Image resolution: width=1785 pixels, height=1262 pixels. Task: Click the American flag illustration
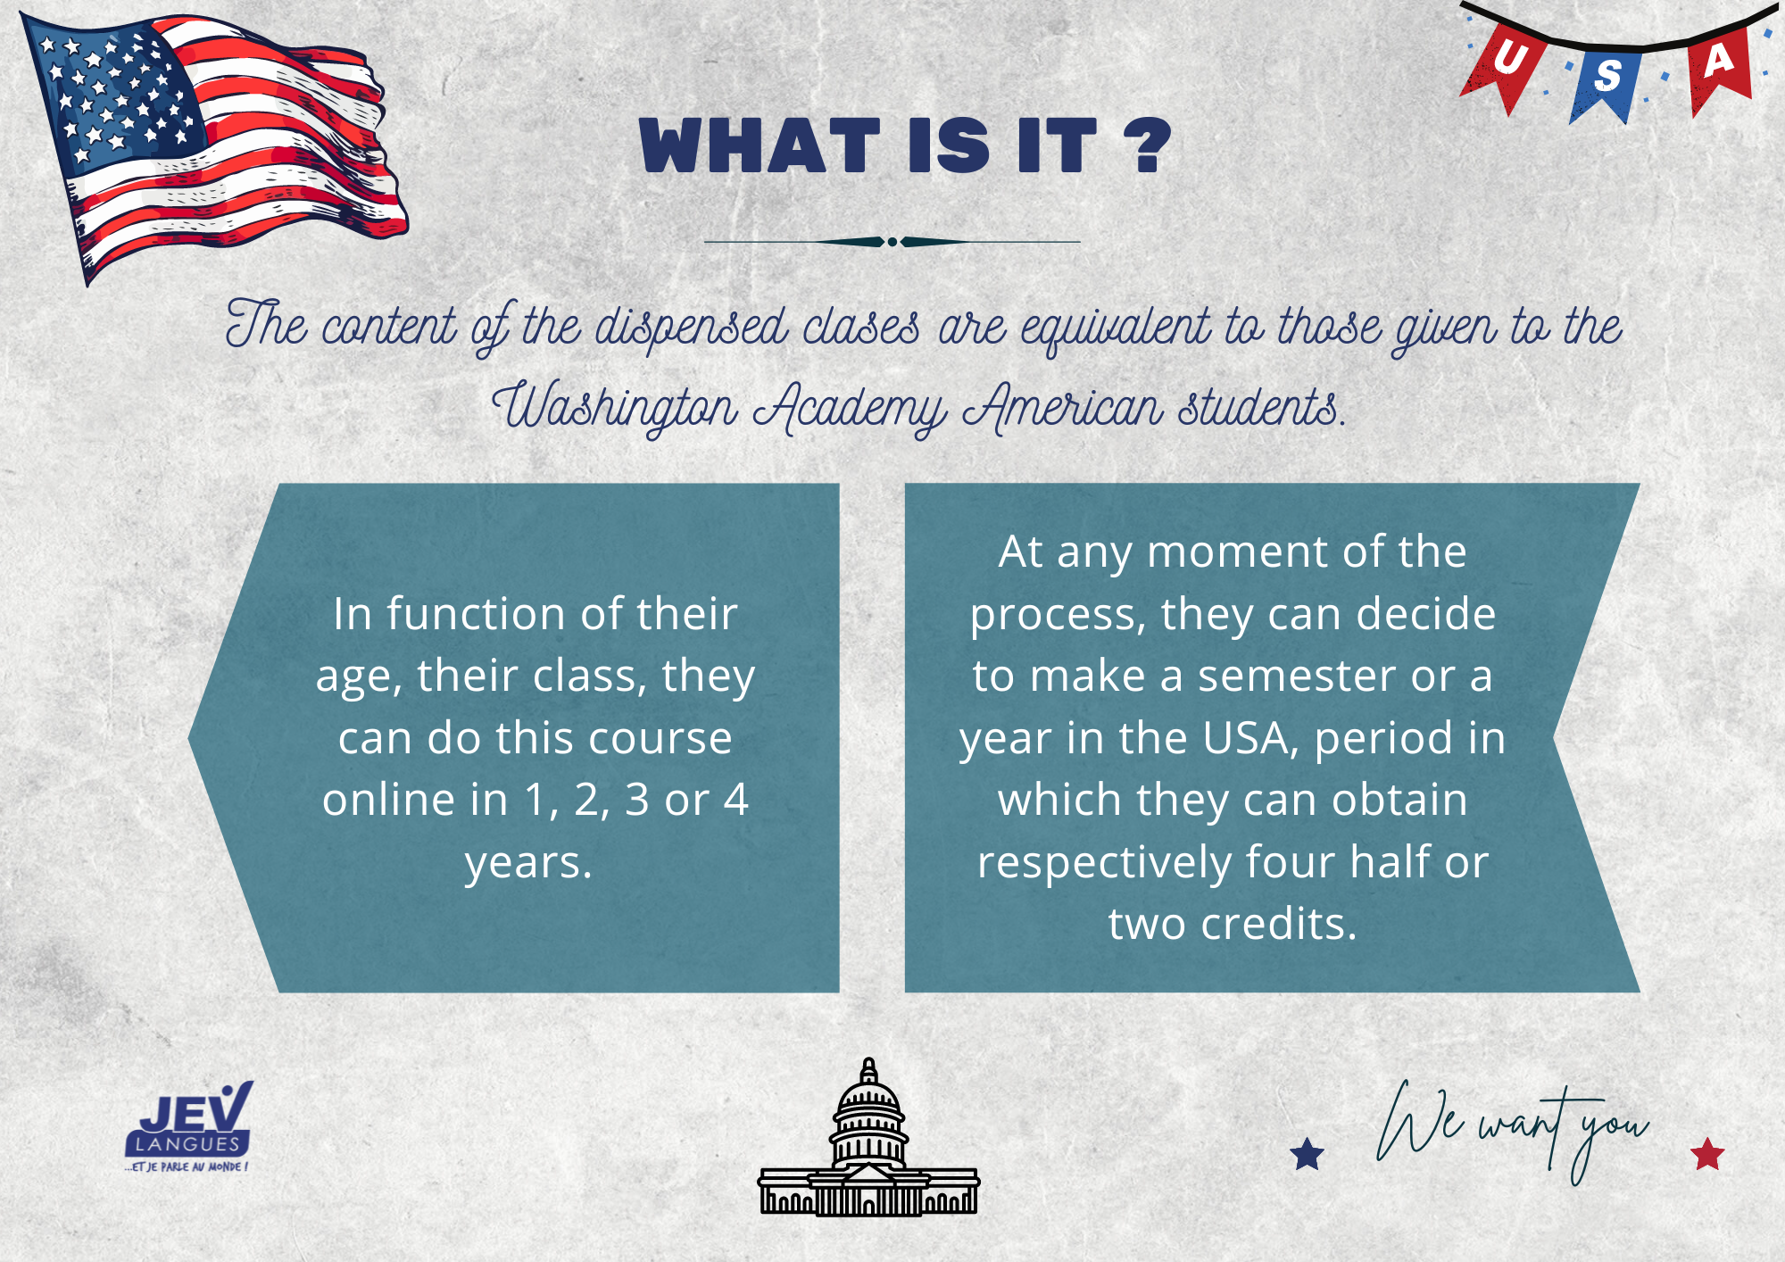click(x=214, y=147)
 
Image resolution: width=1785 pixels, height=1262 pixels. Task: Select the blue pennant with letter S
click(x=1606, y=81)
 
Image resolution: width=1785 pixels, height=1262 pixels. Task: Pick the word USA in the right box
click(x=1248, y=739)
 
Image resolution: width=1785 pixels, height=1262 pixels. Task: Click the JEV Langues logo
click(x=189, y=1126)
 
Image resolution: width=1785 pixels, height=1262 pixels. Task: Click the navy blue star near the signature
click(x=1308, y=1153)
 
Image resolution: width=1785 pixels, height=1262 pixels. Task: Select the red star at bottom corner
click(x=1707, y=1153)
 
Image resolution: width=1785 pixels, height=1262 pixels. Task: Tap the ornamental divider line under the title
click(x=892, y=242)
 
